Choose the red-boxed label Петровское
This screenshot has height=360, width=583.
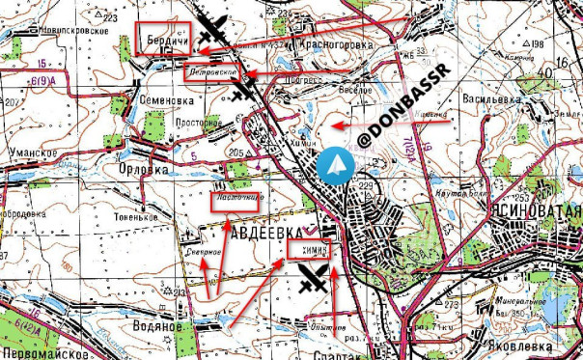[x=212, y=71]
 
